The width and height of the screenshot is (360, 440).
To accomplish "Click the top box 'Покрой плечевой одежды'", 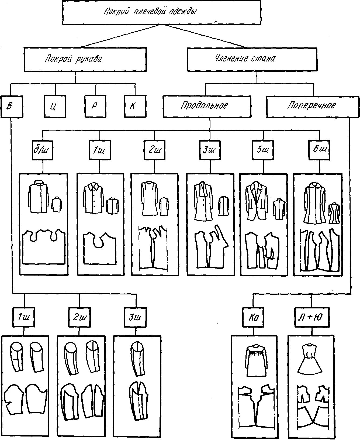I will coord(162,13).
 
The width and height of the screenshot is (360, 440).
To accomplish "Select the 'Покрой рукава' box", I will coord(85,59).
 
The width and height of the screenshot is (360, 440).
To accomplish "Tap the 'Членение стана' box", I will coord(252,59).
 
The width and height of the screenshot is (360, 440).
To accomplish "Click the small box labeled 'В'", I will coord(12,106).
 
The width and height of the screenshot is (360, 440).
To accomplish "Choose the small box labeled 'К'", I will coord(135,106).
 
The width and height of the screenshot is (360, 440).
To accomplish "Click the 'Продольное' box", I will coord(207,106).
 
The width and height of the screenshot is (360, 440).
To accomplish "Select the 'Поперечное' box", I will coord(313,106).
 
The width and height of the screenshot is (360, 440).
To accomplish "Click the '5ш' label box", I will coord(262,150).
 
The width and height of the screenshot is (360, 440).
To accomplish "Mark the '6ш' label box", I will coord(320,150).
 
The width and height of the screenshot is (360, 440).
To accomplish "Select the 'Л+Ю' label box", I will coord(312,317).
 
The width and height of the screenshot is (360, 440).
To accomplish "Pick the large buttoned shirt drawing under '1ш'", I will coord(94,198).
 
